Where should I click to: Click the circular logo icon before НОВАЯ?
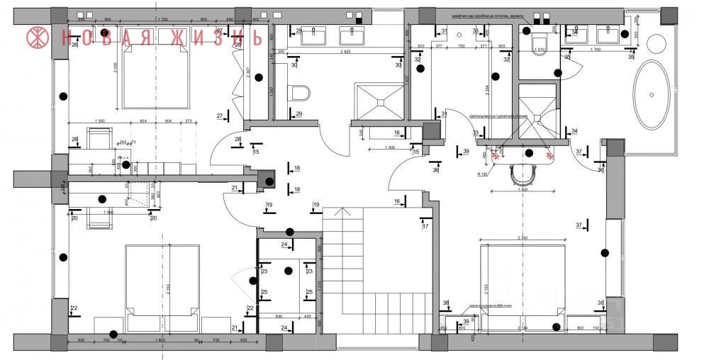38,38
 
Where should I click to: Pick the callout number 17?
425,227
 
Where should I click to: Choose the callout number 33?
475,133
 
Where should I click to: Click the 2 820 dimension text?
346,52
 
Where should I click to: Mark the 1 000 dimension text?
385,147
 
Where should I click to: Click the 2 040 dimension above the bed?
523,237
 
